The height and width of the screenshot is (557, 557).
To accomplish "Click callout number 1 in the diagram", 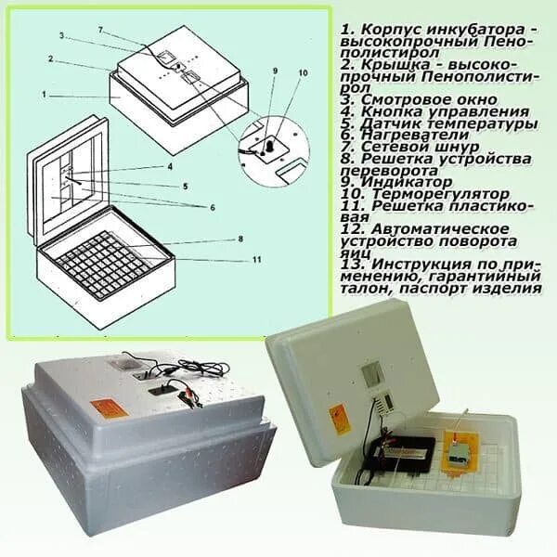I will pyautogui.click(x=45, y=94).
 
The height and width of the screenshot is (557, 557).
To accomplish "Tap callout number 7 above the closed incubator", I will pyautogui.click(x=100, y=31).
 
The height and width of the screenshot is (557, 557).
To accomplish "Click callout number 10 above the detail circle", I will pyautogui.click(x=303, y=72).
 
